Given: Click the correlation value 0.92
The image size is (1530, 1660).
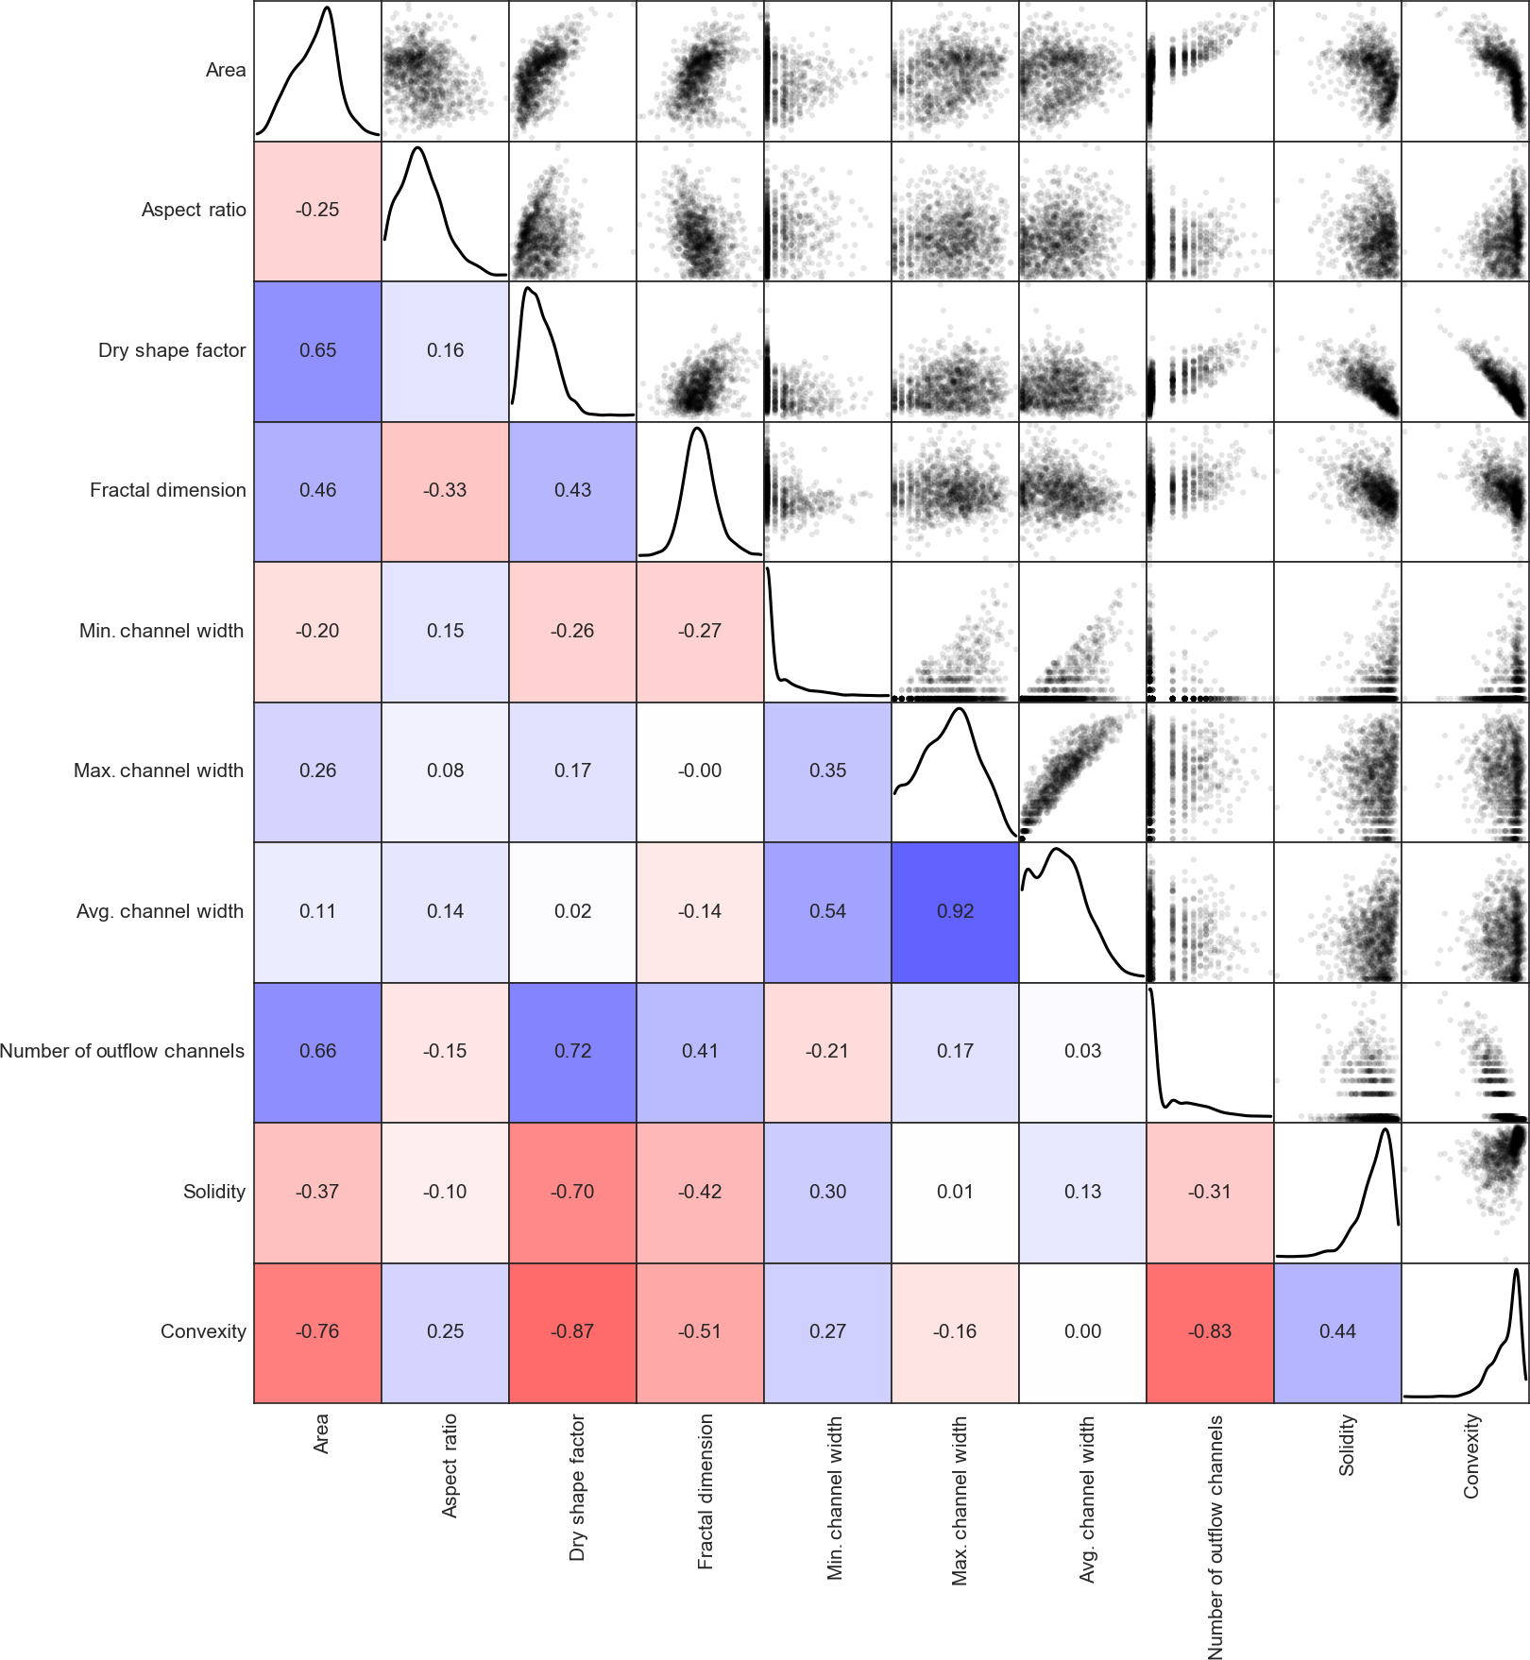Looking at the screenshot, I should pos(955,911).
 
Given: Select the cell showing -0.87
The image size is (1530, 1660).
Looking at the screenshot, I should pos(572,1331).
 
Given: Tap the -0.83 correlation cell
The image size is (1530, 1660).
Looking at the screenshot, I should pos(1210,1331).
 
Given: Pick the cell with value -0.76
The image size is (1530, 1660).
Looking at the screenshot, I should pos(317,1331).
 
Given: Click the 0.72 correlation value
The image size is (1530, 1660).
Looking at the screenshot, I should pos(572,1051).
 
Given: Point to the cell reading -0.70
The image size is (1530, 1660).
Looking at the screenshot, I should pos(572,1192).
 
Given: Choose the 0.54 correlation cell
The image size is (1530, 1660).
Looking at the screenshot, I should pos(827,911).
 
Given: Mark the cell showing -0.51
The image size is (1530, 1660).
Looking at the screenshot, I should pos(700,1331).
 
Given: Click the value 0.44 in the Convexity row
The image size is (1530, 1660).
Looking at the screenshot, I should pos(1337,1331).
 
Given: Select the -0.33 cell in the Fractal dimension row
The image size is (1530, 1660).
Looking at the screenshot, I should pos(445,490).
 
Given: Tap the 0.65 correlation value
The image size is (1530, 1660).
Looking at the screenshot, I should pos(317,350).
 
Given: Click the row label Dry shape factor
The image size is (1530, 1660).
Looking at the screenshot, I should pos(172,350).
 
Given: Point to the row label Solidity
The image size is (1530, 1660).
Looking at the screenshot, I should pos(214,1192).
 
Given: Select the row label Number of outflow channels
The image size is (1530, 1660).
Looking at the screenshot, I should pos(122,1051).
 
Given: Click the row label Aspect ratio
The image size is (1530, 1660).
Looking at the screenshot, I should pos(194,210).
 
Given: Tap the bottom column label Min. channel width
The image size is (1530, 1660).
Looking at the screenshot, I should pos(835,1498).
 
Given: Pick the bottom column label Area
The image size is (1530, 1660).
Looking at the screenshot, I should pos(322,1433).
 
